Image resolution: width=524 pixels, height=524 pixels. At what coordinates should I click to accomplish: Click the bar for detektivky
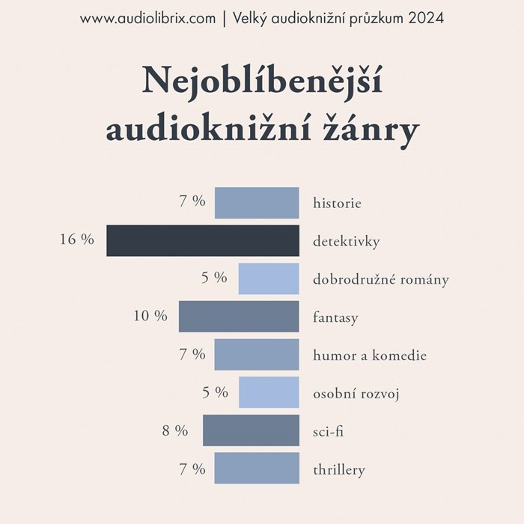click(x=202, y=241)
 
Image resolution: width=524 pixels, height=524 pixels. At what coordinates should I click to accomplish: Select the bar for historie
click(x=257, y=203)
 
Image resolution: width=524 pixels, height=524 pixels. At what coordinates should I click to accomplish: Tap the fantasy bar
click(x=239, y=317)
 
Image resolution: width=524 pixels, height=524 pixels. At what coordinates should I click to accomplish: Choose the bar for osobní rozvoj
click(x=269, y=392)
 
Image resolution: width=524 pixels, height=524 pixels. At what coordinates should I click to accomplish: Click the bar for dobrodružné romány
click(x=269, y=278)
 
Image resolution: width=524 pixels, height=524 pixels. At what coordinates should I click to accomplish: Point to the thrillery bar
click(x=257, y=469)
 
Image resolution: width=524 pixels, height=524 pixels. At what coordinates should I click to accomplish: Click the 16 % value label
click(x=77, y=240)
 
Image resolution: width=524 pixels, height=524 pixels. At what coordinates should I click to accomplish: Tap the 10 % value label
click(x=150, y=316)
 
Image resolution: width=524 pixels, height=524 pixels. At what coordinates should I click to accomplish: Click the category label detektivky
click(x=347, y=242)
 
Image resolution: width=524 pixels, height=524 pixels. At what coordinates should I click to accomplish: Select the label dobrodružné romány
click(x=381, y=280)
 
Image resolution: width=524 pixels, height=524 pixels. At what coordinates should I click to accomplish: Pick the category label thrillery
click(x=339, y=470)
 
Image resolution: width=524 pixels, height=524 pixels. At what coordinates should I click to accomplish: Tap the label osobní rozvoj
click(x=356, y=394)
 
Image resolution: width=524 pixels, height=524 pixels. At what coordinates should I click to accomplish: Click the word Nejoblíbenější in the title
click(x=262, y=80)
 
